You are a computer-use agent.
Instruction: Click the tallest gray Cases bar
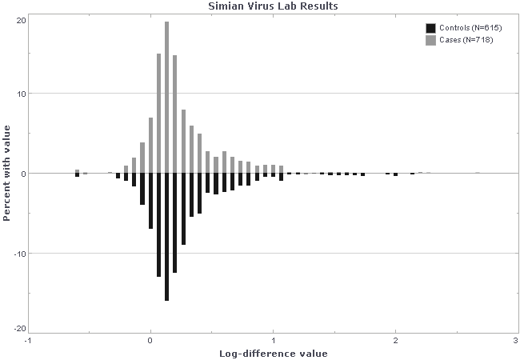[x=166, y=96]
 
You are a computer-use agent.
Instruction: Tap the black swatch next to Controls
[x=430, y=28]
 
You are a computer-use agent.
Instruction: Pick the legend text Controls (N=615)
[x=466, y=28]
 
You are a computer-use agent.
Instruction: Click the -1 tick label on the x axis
[x=28, y=340]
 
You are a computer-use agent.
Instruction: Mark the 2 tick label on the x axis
[x=395, y=340]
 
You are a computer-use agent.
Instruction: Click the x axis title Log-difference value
[x=273, y=353]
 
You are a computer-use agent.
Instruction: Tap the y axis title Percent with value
[x=7, y=174]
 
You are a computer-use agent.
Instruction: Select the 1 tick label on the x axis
[x=273, y=340]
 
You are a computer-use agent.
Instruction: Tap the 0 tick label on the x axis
[x=150, y=340]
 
